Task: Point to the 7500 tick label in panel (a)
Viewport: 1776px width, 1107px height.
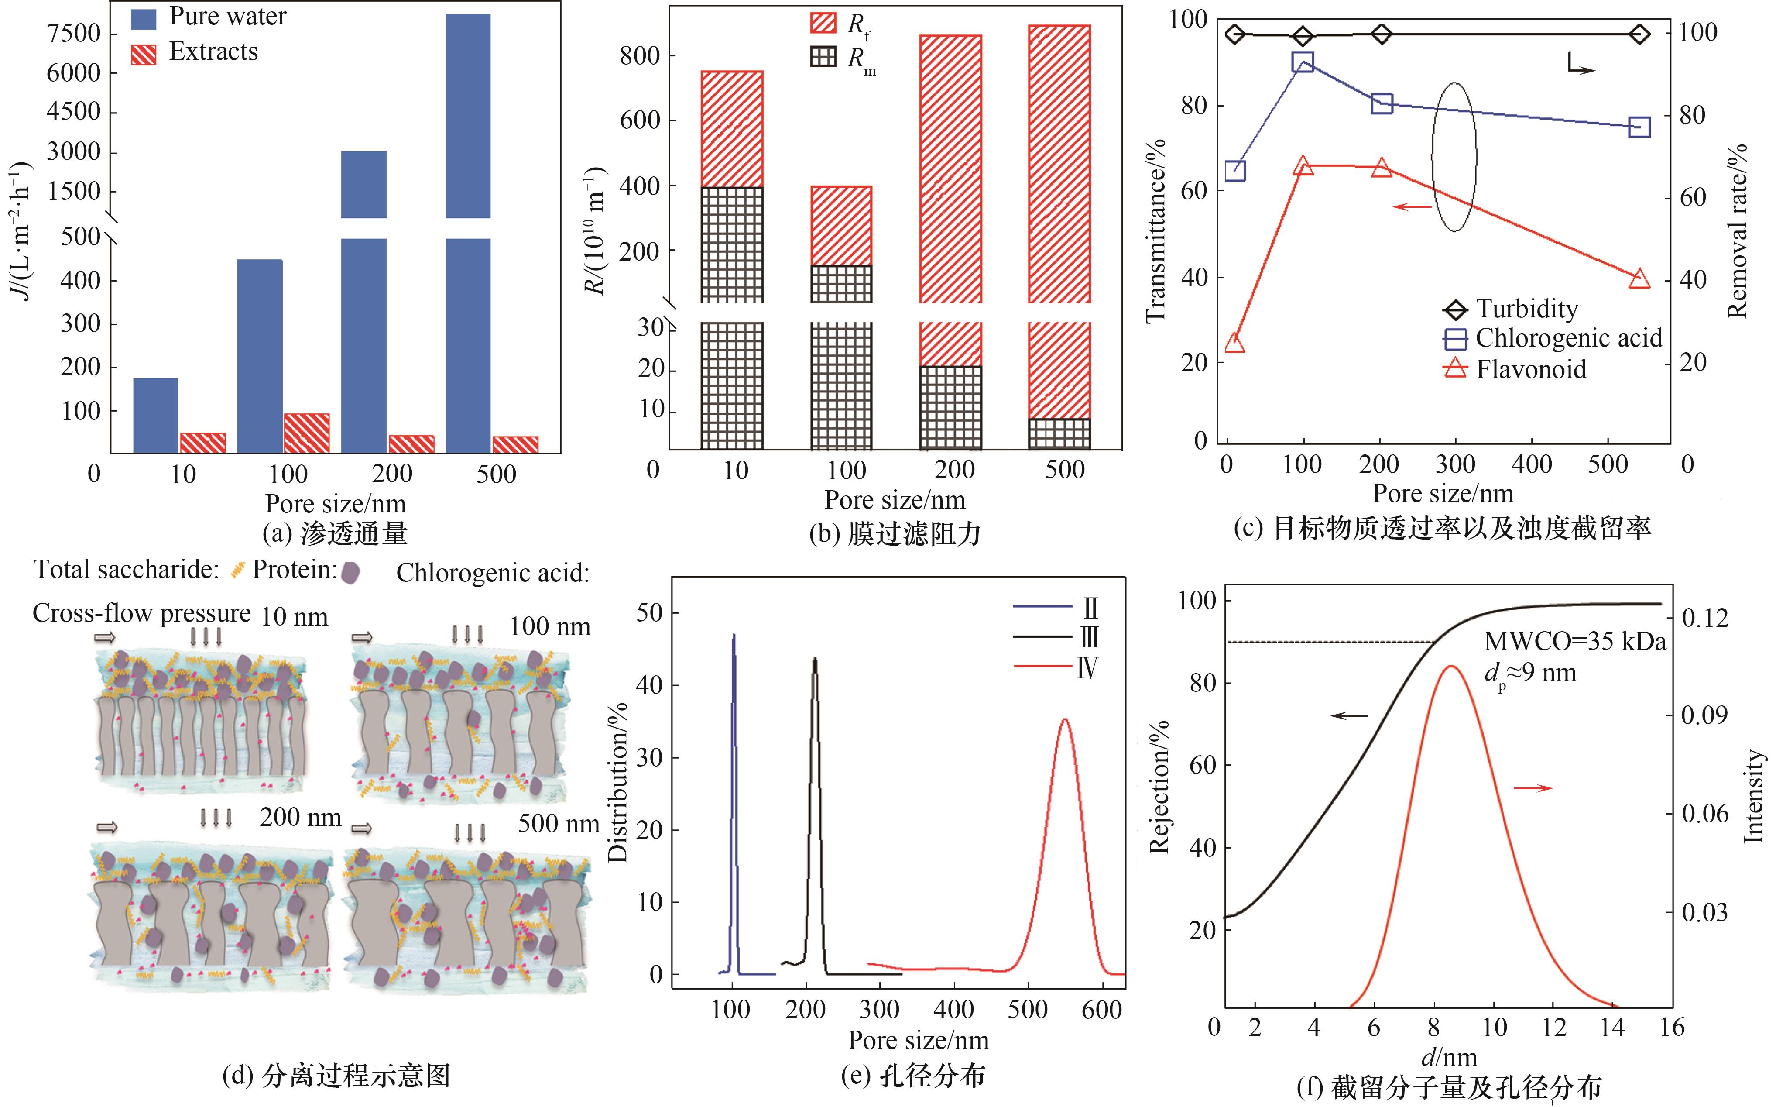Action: click(73, 34)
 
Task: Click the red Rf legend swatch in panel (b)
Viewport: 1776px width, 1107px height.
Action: click(823, 24)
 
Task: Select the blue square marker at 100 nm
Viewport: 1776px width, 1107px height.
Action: click(1303, 62)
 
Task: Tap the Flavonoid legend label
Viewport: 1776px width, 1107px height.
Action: click(1531, 369)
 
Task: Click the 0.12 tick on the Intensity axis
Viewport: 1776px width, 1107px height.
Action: click(1705, 619)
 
